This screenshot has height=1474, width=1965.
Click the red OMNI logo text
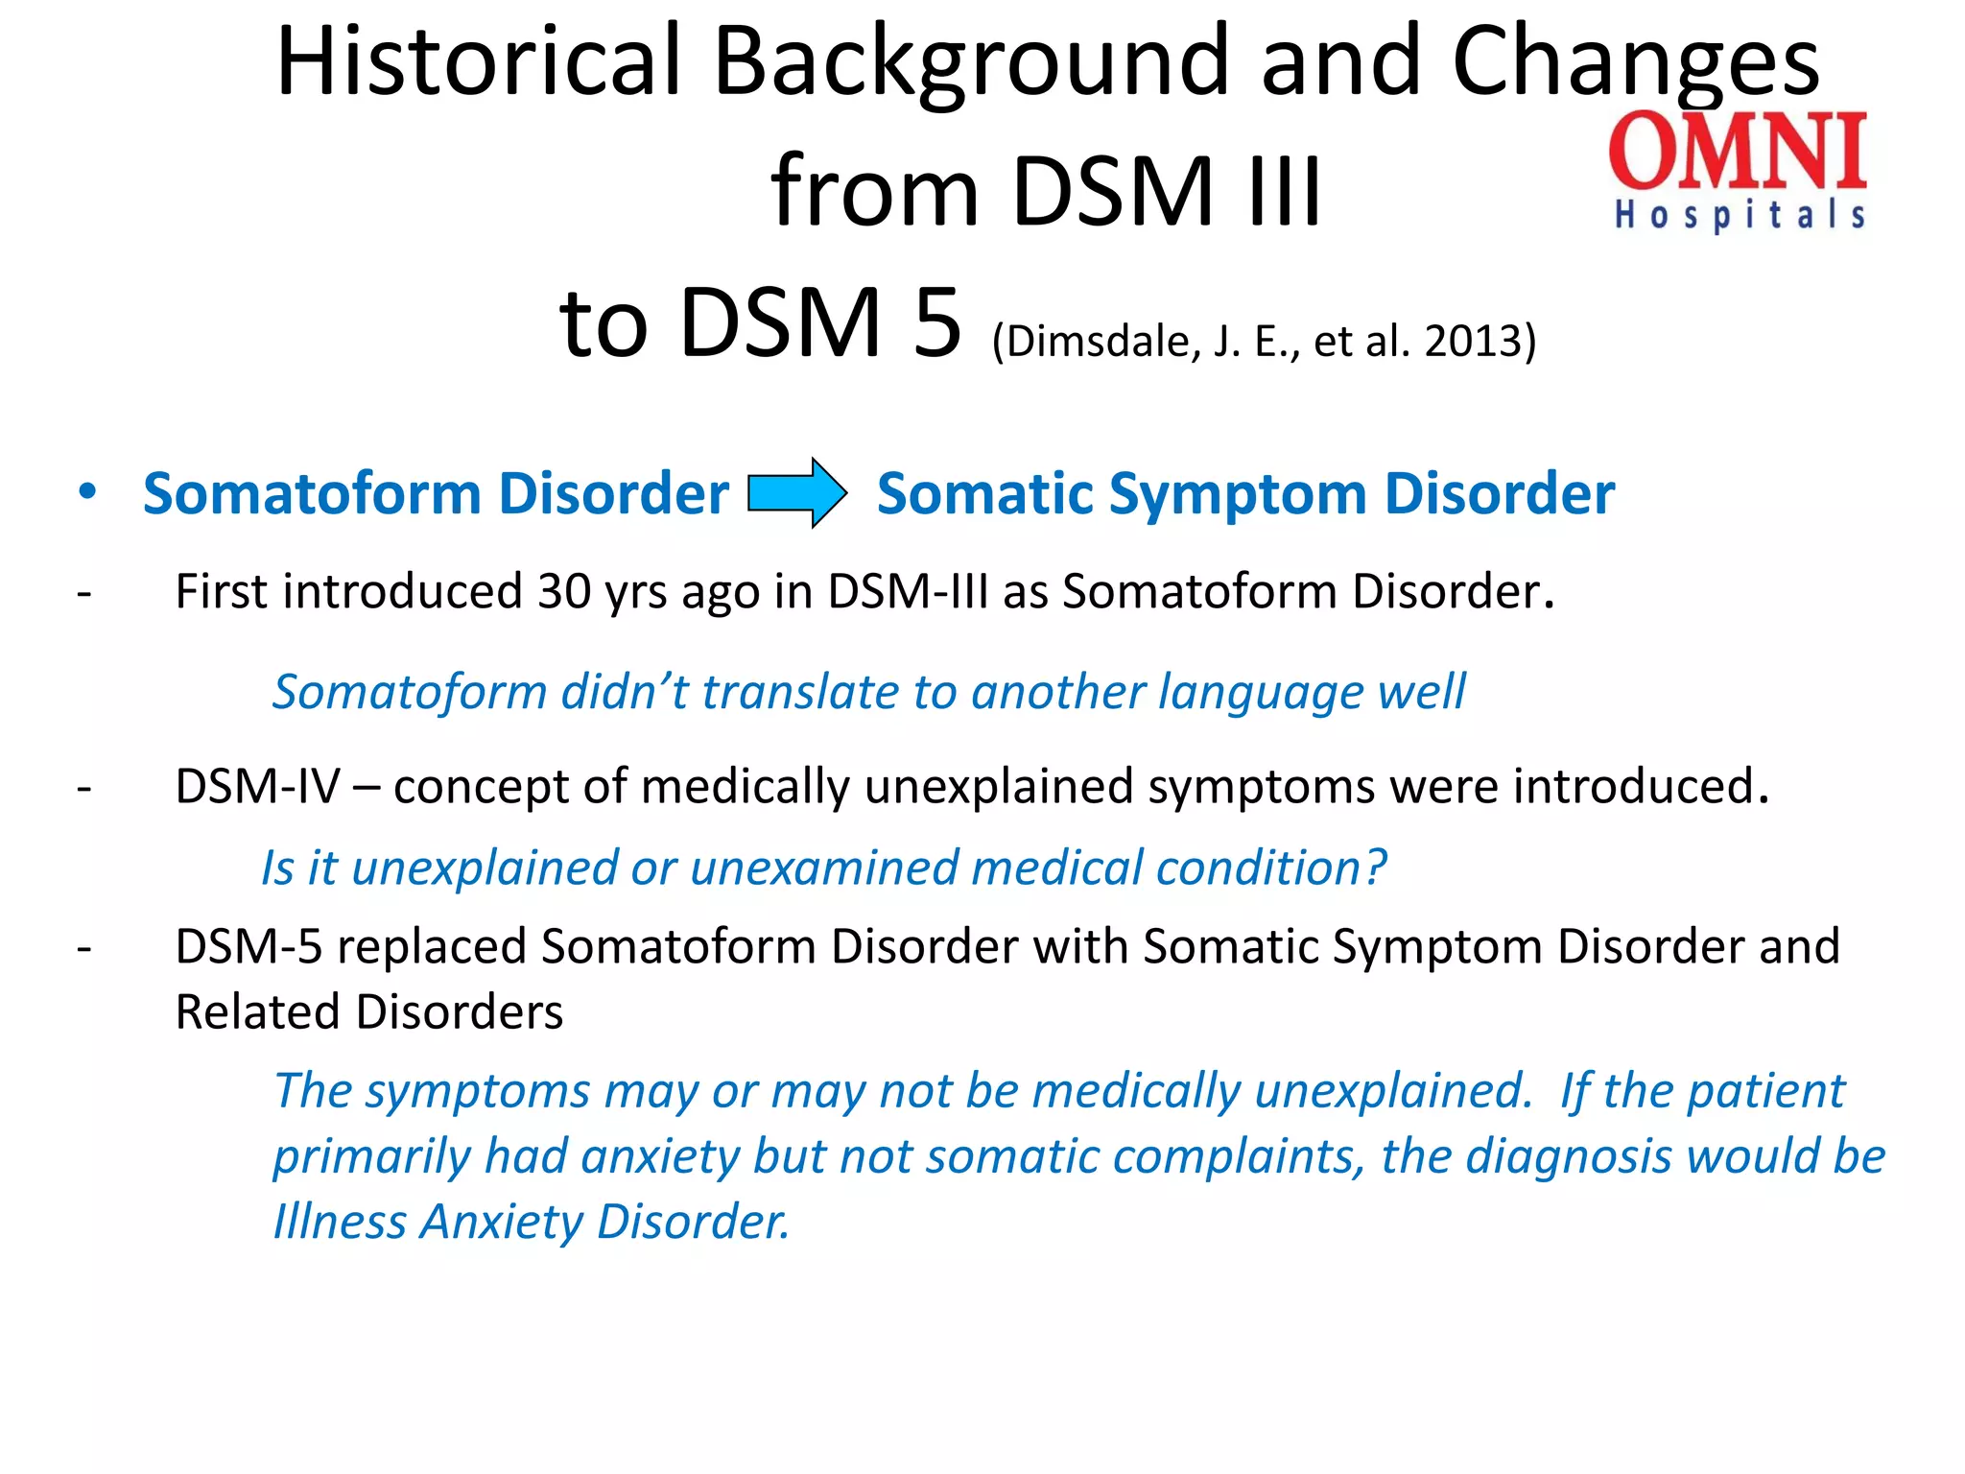[1738, 151]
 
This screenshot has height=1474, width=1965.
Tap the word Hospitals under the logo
[1740, 215]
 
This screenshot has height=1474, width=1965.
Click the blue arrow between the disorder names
[796, 492]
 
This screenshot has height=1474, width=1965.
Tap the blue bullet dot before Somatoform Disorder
[87, 491]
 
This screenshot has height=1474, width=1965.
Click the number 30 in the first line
[563, 591]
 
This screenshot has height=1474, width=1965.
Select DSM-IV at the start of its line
[257, 787]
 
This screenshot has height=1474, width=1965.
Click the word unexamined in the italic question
[823, 868]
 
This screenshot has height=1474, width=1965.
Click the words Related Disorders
[369, 1012]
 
